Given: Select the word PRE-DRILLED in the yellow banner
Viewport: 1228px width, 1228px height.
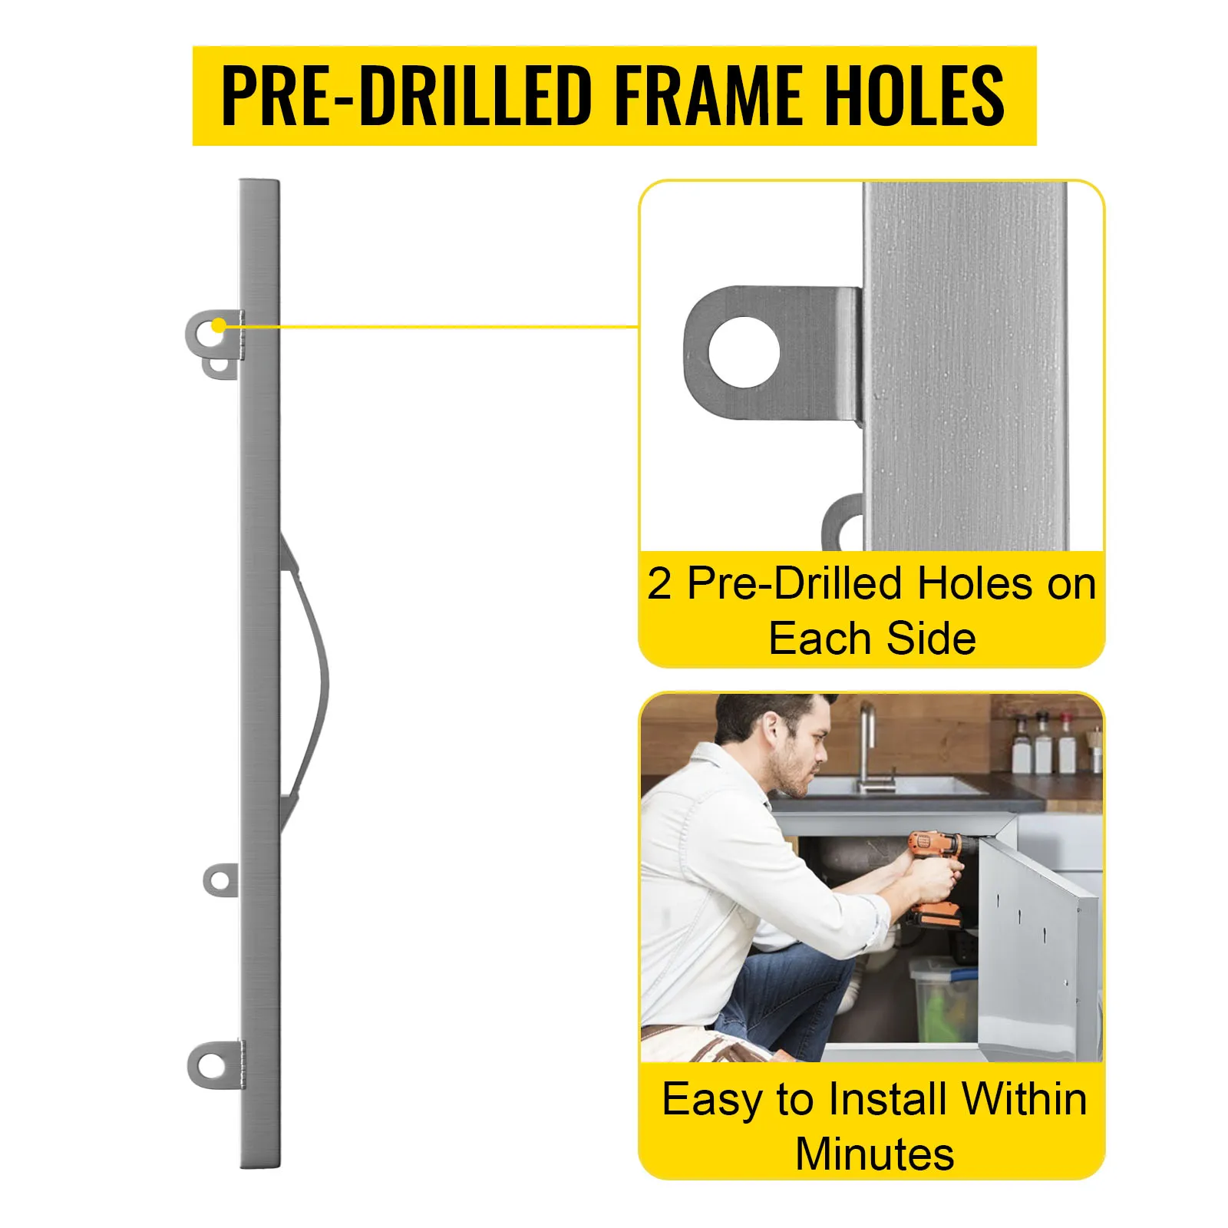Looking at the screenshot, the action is point(407,95).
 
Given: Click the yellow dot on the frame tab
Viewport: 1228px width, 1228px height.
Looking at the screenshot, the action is point(219,326).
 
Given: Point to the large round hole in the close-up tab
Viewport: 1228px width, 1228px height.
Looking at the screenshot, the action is point(744,352).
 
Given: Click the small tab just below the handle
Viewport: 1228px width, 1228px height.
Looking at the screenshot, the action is point(220,879).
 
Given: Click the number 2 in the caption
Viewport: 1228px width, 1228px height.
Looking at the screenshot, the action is point(659,584).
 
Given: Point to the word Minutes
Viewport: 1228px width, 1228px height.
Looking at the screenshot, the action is point(874,1154).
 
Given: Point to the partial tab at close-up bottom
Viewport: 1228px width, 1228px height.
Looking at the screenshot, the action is point(842,522).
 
